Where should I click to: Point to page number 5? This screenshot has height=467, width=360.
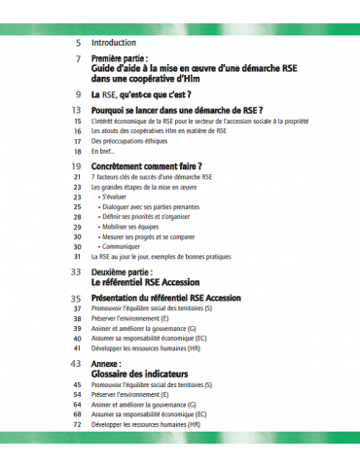(x=78, y=43)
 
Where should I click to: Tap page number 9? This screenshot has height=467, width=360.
(x=78, y=94)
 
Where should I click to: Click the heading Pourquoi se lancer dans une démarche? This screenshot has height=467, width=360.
(x=174, y=111)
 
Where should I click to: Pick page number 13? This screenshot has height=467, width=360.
(x=76, y=111)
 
